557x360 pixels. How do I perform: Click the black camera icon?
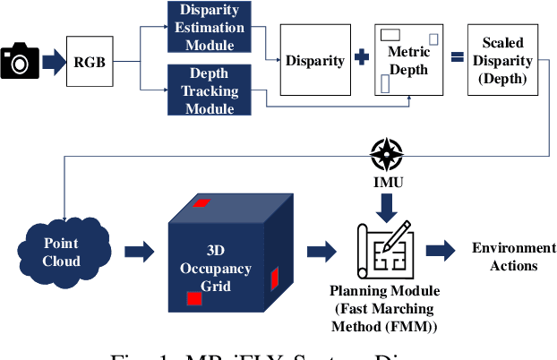click(x=18, y=61)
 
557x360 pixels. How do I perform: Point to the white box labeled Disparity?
click(x=314, y=61)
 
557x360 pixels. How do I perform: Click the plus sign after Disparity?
click(x=362, y=60)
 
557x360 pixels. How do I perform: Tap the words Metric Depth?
click(x=408, y=60)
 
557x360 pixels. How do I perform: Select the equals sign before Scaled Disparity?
click(x=455, y=60)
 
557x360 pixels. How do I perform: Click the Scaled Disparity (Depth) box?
click(x=502, y=61)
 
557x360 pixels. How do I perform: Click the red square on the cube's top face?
click(x=201, y=202)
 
